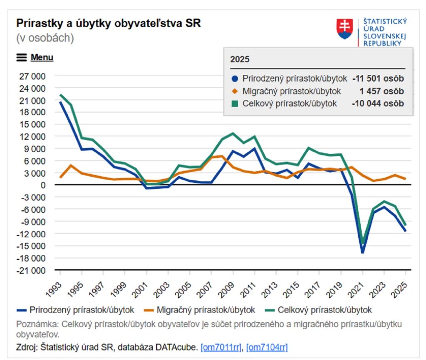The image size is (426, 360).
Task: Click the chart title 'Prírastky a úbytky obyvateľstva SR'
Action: [108, 23]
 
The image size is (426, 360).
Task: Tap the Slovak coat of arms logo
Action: [345, 29]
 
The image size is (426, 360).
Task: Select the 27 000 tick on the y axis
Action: [32, 76]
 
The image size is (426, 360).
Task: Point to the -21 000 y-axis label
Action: [31, 270]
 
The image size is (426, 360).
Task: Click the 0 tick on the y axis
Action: [42, 185]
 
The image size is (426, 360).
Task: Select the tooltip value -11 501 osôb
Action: [378, 79]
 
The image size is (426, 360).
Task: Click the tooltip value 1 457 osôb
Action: [384, 91]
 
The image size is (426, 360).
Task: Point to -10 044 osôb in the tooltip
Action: [378, 104]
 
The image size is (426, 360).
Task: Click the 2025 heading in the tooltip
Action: [240, 59]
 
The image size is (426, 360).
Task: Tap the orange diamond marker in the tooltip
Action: [235, 91]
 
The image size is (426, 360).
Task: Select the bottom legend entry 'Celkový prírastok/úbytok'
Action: [319, 310]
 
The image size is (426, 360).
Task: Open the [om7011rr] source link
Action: [221, 347]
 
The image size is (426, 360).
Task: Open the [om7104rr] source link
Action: [267, 347]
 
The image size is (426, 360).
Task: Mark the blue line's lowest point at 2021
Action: [362, 252]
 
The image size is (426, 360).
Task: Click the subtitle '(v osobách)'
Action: [45, 38]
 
